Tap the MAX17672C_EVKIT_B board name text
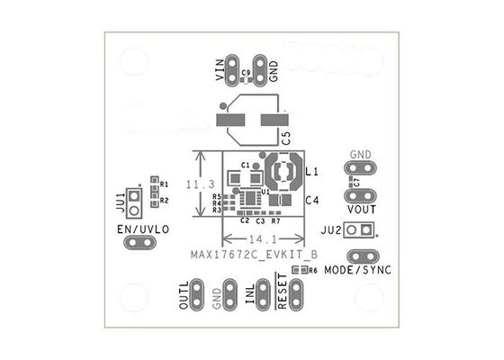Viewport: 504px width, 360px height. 253,255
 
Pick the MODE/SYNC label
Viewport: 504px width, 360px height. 358,270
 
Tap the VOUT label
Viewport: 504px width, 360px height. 360,209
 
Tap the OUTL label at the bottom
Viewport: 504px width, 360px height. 185,294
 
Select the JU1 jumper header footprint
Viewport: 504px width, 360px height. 135,202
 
